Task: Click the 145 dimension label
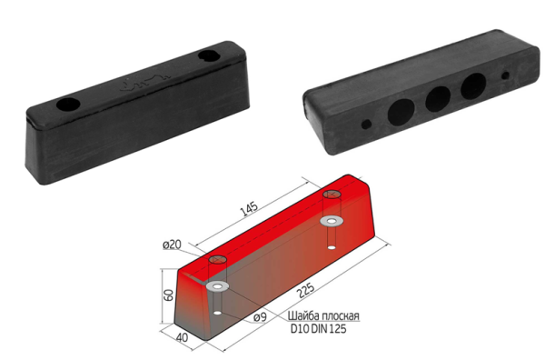pyautogui.click(x=249, y=208)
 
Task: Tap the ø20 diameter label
pyautogui.click(x=172, y=245)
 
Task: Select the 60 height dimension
pyautogui.click(x=169, y=295)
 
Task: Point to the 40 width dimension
pyautogui.click(x=183, y=336)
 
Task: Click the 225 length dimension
pyautogui.click(x=306, y=290)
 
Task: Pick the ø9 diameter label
pyautogui.click(x=260, y=317)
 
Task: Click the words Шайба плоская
pyautogui.click(x=323, y=315)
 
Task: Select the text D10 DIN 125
pyautogui.click(x=319, y=329)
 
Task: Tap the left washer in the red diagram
pyautogui.click(x=218, y=286)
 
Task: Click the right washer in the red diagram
pyautogui.click(x=332, y=221)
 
